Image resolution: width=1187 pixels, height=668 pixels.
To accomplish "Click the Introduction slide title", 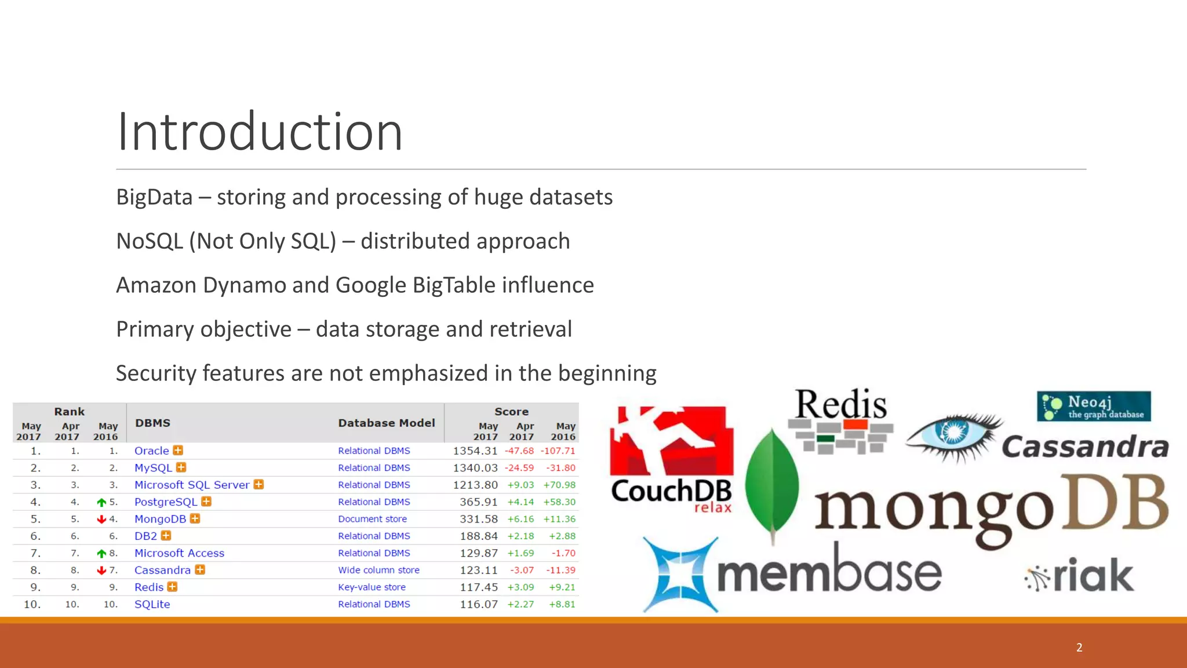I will point(259,132).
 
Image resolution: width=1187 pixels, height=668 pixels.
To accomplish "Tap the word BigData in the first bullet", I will point(154,197).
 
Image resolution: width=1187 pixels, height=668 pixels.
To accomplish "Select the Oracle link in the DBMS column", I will point(151,451).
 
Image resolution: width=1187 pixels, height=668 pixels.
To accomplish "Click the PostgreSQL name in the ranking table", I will point(166,502).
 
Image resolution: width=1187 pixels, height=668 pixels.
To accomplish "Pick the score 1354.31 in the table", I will point(475,451).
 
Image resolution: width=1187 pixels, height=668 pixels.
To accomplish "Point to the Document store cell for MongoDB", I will point(372,519).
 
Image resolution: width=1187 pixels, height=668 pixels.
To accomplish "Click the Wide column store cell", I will point(378,570).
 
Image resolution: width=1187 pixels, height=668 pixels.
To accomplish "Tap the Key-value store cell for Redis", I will point(372,587).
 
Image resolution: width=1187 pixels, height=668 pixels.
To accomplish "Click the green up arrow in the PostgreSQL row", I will point(101,502).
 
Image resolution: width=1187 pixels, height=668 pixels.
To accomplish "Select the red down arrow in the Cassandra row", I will point(101,571).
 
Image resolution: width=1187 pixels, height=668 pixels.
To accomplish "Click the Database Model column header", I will point(386,423).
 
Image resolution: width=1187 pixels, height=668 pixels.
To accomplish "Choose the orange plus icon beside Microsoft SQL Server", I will point(258,484).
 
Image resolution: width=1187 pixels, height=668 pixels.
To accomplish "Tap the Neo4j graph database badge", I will point(1093,406).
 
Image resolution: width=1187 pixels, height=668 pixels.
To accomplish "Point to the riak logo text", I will point(1093,575).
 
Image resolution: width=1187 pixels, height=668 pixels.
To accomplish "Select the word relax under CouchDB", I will point(712,508).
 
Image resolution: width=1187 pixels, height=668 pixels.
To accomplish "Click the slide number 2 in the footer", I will point(1079,647).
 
